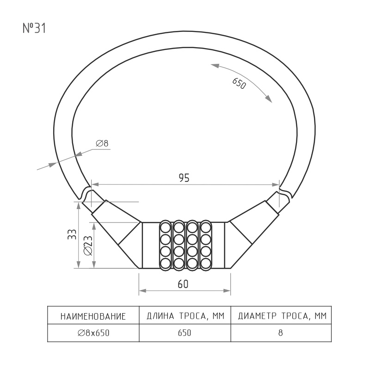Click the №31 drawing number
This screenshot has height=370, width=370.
pos(34,28)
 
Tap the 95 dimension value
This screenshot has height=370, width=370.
pos(184,178)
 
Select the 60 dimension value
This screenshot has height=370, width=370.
pos(183,284)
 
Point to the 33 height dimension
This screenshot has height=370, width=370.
pos(72,234)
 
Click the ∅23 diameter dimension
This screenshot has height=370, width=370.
pos(88,246)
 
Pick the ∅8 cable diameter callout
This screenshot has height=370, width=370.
pos(102,143)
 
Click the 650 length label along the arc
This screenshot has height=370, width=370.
pos(239,84)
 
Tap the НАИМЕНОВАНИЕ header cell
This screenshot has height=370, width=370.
pos(93,316)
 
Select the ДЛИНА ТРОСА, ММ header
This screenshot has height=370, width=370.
pos(185,316)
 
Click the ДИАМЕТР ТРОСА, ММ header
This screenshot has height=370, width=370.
pos(282,316)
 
